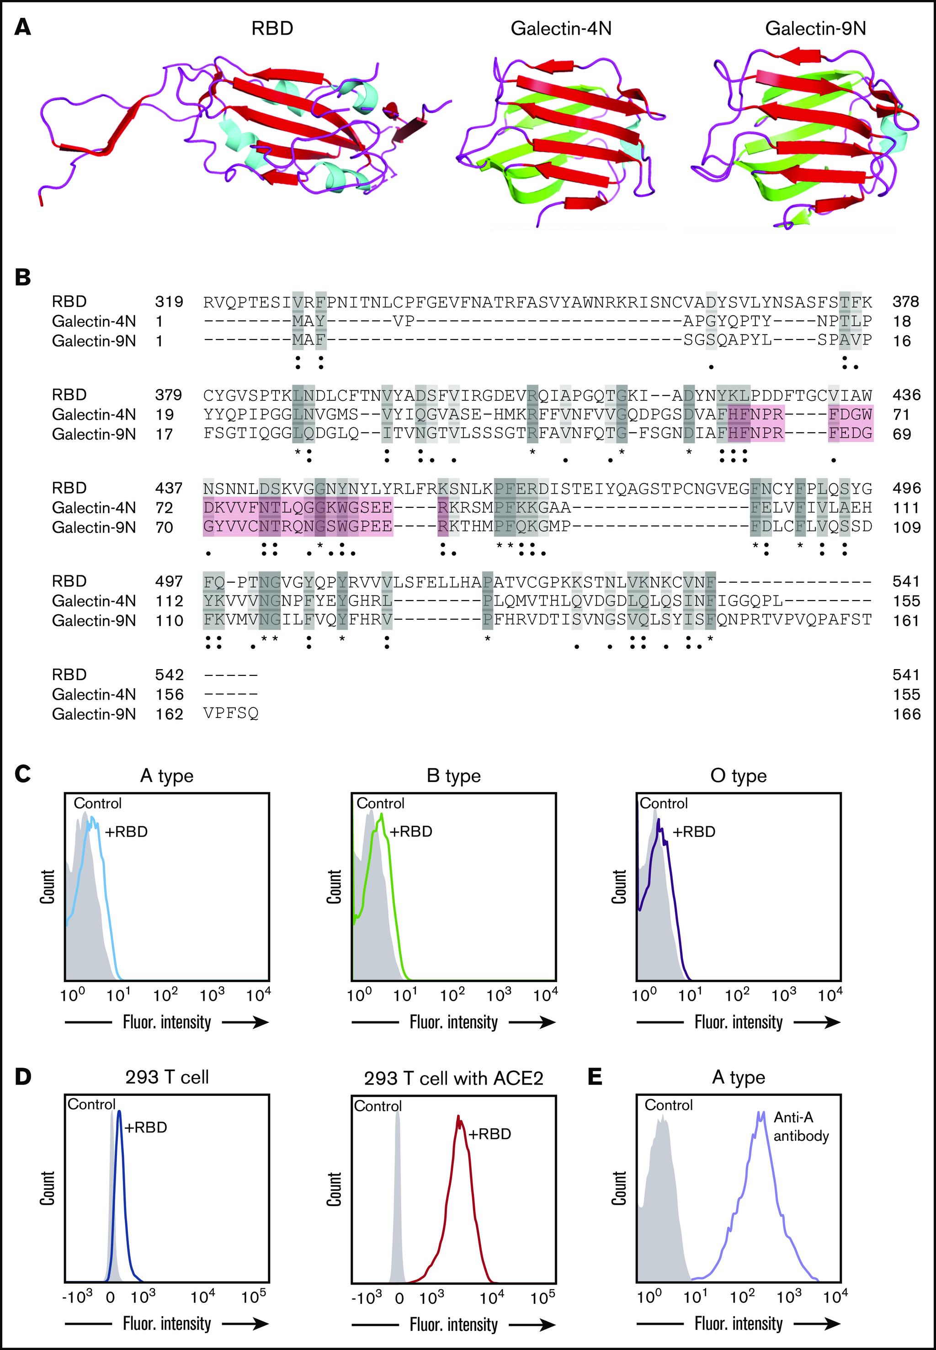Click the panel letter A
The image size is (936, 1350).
click(23, 27)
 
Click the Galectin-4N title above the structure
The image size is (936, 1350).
click(561, 29)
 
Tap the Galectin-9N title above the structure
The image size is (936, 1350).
click(815, 29)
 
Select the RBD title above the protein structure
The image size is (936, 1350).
click(272, 29)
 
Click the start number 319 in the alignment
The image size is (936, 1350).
click(169, 302)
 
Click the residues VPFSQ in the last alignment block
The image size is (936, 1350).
click(231, 714)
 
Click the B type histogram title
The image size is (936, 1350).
click(453, 776)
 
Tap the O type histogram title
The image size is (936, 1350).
click(739, 776)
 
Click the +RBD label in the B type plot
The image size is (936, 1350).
click(410, 832)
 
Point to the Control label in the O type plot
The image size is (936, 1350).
click(663, 803)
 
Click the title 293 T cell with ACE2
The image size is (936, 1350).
click(453, 1078)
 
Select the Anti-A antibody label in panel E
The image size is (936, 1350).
click(801, 1127)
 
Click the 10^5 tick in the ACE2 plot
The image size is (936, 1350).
click(542, 1297)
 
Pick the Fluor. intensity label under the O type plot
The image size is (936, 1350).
click(739, 1022)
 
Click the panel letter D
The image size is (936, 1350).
click(23, 1077)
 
